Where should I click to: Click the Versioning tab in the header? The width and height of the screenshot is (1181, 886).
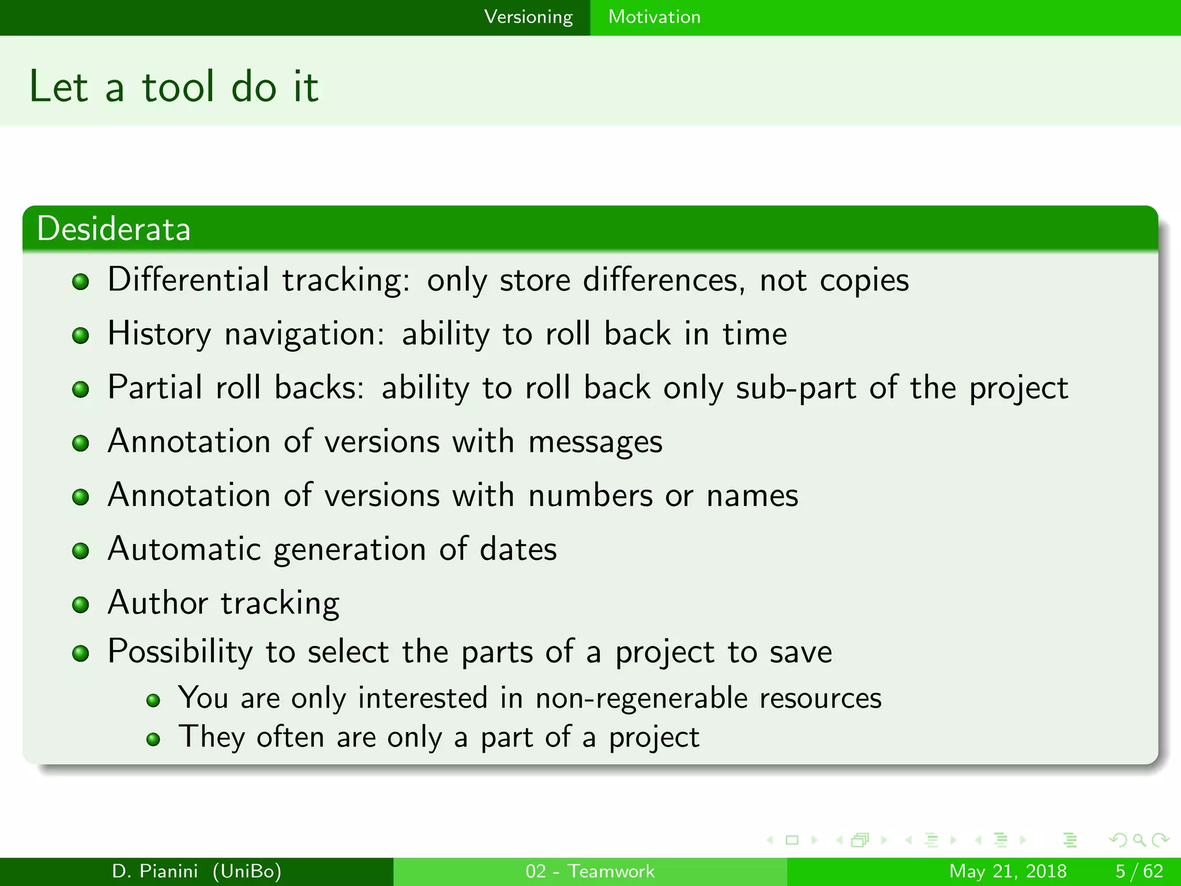coord(528,17)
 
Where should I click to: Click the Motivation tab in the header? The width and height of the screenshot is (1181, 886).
coord(654,17)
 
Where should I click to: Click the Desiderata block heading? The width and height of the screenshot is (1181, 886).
coord(114,229)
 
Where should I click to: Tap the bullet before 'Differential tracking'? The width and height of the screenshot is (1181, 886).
coord(81,281)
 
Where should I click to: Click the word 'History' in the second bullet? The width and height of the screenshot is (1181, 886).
coord(159,335)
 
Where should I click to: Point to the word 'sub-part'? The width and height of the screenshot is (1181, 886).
coord(796,388)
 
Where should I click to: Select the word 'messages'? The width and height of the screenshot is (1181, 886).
coord(595,442)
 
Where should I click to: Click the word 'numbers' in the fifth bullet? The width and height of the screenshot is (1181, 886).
coord(590,495)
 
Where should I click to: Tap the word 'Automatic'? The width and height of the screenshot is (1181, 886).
coord(184,549)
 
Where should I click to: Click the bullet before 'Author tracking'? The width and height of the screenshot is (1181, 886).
coord(81,605)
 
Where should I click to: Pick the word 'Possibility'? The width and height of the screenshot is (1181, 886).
coord(180,652)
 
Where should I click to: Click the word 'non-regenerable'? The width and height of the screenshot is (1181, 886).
coord(641,698)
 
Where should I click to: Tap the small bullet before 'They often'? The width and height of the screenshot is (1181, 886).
coord(153,739)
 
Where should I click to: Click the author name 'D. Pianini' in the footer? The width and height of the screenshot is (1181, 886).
coord(155,871)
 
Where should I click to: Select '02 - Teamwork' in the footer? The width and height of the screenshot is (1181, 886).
coord(590,871)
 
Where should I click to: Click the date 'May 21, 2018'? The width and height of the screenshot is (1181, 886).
coord(1007,871)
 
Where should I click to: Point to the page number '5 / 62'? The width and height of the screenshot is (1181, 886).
coord(1139,871)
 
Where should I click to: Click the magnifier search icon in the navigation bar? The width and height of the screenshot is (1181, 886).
coord(1139,840)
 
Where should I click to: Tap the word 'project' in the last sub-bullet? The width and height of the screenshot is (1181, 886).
coord(654,738)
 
